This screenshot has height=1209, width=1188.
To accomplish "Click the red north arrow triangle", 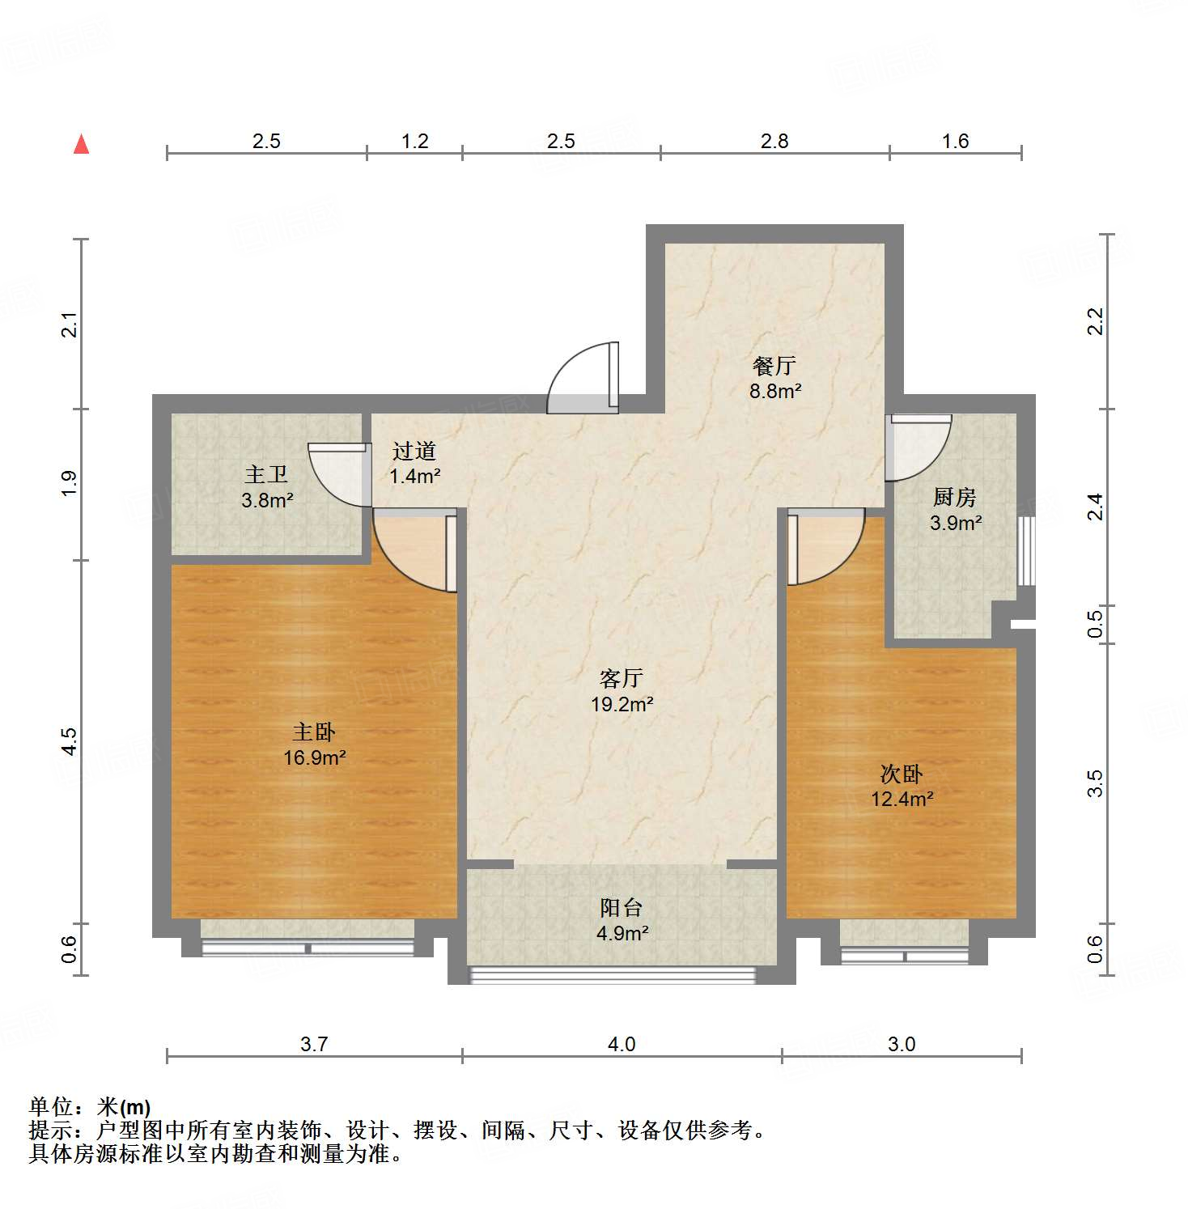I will [82, 144].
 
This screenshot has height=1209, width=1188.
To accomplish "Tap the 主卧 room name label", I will [314, 732].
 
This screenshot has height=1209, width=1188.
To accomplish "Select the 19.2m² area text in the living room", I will [622, 704].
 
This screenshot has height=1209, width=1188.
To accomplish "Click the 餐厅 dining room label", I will [774, 366].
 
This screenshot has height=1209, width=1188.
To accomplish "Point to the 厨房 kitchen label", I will [955, 497].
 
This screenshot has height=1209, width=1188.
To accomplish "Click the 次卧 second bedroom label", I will [902, 774].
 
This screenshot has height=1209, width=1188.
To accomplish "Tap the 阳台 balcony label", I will [622, 908].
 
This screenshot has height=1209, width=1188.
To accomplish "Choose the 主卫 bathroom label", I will [266, 474].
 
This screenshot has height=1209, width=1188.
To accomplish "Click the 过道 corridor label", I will [414, 451].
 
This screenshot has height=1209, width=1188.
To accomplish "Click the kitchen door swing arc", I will [919, 448].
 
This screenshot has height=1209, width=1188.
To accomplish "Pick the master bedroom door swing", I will [413, 552].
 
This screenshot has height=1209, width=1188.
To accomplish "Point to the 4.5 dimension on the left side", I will [70, 741].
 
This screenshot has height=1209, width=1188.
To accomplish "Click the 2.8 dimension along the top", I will [774, 142].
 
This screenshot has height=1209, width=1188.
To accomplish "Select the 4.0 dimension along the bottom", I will [622, 1044].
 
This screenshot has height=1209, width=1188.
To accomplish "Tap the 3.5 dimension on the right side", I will [1095, 783].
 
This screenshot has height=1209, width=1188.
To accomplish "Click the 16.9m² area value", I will [315, 758].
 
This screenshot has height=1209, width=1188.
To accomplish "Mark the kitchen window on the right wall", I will [1026, 550].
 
